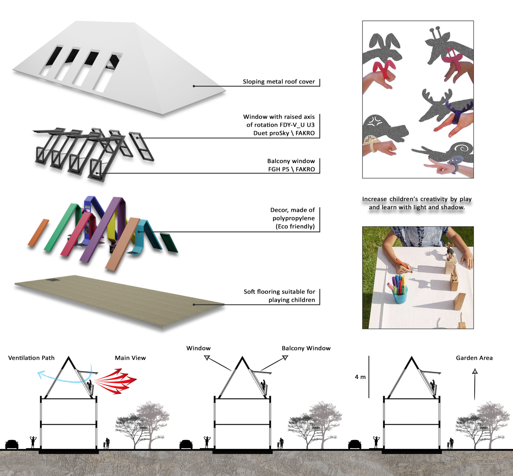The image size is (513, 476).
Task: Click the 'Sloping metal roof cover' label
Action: [x=278, y=82]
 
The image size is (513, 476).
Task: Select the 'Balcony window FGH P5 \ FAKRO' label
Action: [x=291, y=165]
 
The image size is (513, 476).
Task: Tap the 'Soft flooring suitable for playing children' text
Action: [x=279, y=296]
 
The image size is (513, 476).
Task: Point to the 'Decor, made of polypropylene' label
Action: [x=293, y=218]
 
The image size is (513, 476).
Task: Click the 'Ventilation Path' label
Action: [x=31, y=358]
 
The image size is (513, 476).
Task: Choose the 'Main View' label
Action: [x=130, y=358]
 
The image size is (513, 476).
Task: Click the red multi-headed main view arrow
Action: [x=117, y=381]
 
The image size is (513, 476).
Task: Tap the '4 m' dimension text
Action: [x=360, y=377]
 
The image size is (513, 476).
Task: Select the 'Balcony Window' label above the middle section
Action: [x=306, y=348]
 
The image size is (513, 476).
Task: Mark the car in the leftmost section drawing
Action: [x=12, y=444]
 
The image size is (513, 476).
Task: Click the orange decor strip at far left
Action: [x=38, y=232]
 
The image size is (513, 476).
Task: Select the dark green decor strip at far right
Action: [x=169, y=243]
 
